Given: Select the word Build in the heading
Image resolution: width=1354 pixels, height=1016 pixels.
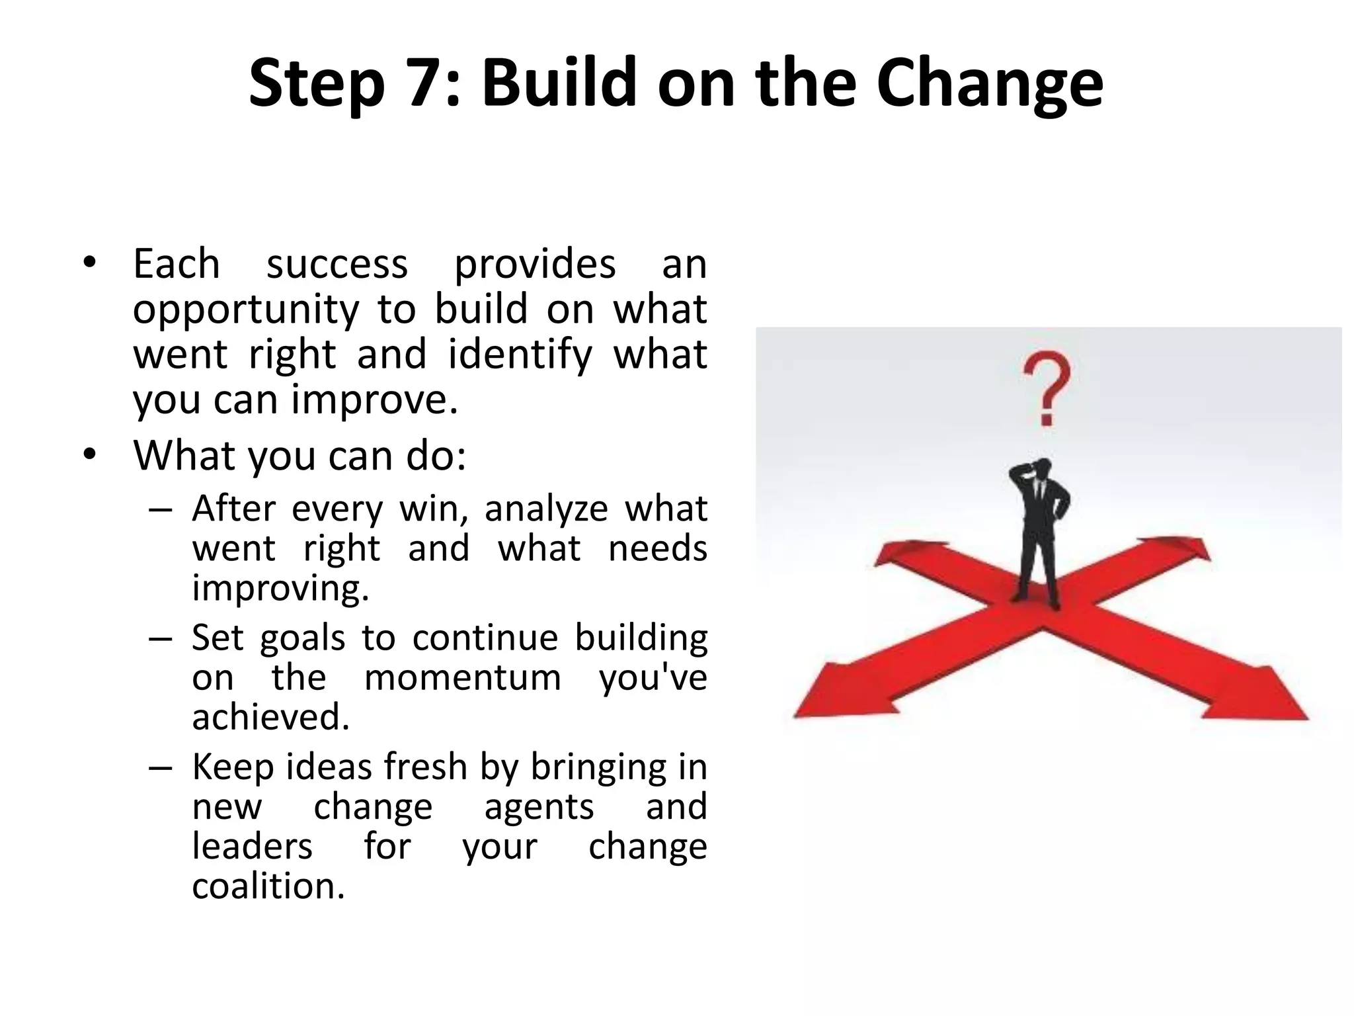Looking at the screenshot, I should [x=559, y=84].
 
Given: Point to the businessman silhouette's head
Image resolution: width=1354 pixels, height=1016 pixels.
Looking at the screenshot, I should [x=1042, y=468].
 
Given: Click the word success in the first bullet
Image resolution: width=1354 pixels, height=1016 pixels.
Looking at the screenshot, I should [x=337, y=264].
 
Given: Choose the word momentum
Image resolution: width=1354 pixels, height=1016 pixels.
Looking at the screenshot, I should [x=462, y=678].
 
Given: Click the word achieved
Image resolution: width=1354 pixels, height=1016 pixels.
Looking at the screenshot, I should [x=270, y=717].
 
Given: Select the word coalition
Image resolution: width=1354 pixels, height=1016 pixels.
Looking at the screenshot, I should [x=268, y=886].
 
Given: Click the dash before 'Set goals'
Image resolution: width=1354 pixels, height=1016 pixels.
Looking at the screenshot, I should [x=160, y=639].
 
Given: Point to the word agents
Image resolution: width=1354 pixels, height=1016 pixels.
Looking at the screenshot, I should [x=539, y=807].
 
